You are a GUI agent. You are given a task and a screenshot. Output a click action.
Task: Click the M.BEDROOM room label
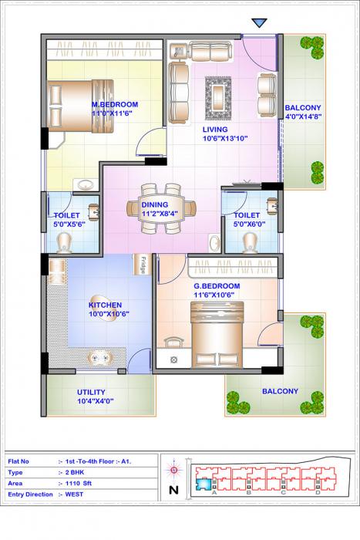click(115, 104)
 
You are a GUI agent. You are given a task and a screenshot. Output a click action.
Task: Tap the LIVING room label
click(215, 130)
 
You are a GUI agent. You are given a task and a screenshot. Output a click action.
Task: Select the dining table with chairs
click(161, 208)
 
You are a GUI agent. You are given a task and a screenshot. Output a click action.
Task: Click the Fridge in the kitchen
click(143, 265)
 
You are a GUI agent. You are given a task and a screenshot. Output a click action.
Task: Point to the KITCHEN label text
click(106, 305)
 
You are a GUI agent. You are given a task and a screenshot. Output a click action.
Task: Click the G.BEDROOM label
click(217, 286)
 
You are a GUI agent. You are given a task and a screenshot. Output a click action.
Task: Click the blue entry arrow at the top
click(259, 25)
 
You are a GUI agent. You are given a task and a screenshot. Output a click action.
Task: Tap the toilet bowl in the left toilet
click(66, 243)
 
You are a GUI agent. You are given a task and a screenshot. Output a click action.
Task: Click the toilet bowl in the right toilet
click(249, 242)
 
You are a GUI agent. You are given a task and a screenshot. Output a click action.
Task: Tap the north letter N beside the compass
click(173, 489)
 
